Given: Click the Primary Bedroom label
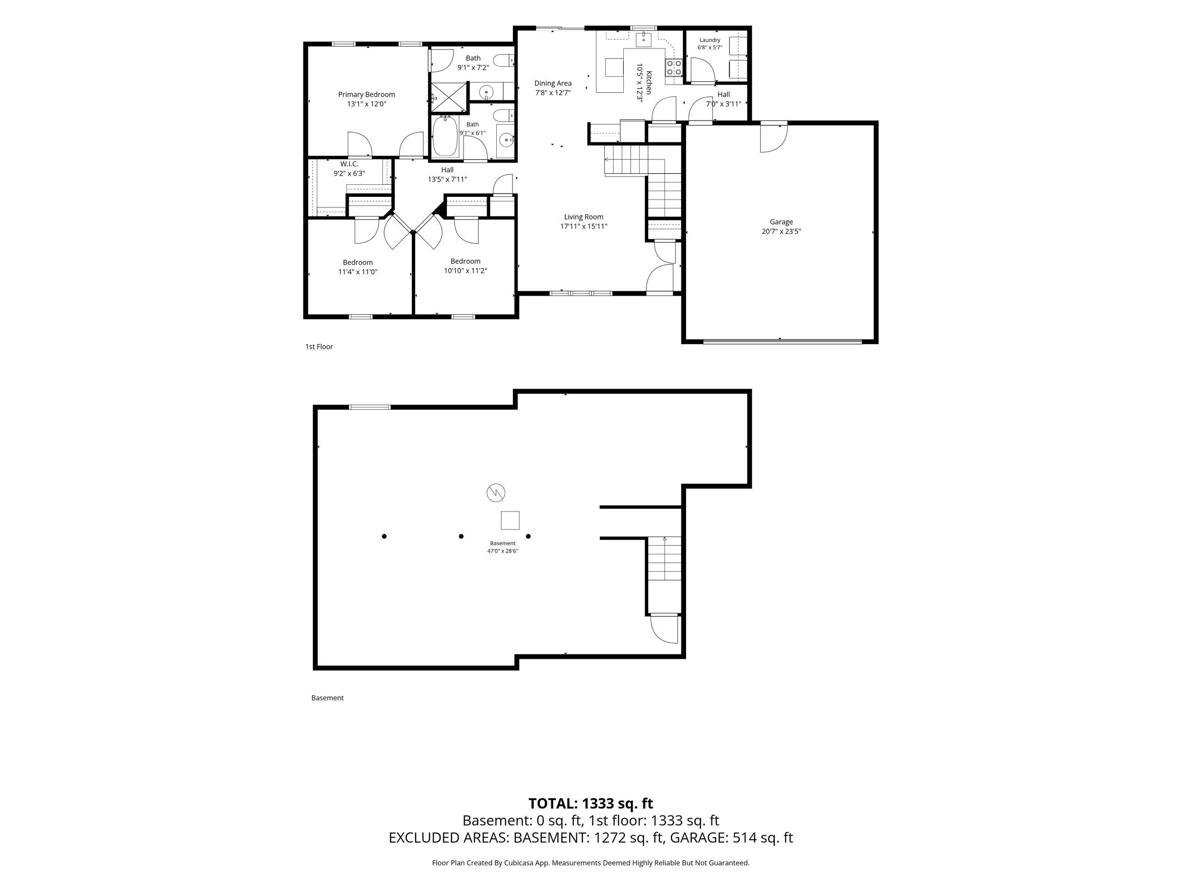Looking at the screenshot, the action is [367, 95].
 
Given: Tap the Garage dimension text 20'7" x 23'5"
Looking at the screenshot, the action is [781, 231].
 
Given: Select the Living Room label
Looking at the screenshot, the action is [584, 217].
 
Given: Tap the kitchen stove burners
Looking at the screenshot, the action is [673, 67].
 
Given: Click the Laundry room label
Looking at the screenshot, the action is [710, 40].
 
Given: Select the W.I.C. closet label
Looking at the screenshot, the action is [350, 164].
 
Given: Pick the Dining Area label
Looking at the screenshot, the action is [553, 84].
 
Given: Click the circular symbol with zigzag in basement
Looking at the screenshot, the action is [496, 492].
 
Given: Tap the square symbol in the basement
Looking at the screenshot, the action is [510, 520].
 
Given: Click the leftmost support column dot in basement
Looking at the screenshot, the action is [384, 536].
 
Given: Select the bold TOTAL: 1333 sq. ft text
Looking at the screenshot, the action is [591, 803].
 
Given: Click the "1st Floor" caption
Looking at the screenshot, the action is [319, 346].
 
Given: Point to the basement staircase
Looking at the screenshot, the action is [665, 558].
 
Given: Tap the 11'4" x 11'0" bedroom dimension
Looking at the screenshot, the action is [358, 272].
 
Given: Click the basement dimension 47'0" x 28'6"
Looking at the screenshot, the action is [503, 551].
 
